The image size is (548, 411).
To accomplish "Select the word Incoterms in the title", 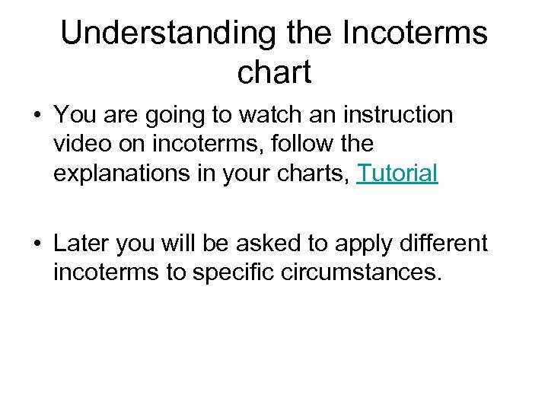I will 416,33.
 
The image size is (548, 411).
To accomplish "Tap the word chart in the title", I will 274,72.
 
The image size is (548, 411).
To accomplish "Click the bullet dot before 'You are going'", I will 36,116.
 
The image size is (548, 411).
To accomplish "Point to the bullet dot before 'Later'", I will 36,244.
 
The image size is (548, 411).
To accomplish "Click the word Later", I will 82,243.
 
